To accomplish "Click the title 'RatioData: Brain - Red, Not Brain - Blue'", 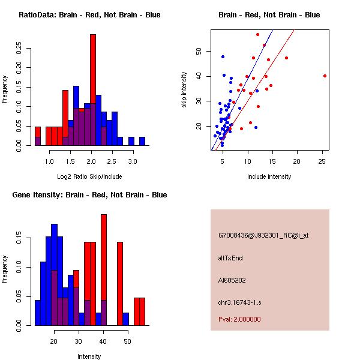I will (x=89, y=15).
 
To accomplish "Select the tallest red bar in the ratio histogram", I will (x=93, y=90).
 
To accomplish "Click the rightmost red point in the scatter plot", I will (x=325, y=76).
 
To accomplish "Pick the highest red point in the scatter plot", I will (x=257, y=34).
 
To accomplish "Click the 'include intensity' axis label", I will (x=269, y=176).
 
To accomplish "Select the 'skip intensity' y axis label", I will (x=185, y=90).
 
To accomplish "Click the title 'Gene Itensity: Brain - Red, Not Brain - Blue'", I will (x=89, y=195).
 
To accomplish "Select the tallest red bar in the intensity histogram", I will (x=104, y=270).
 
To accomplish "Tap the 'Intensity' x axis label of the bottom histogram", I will (x=89, y=356).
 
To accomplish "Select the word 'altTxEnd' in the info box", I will (x=230, y=258).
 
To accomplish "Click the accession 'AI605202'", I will (x=232, y=280).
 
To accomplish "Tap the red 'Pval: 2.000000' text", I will (x=239, y=319).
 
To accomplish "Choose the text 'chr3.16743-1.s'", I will (x=238, y=302).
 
